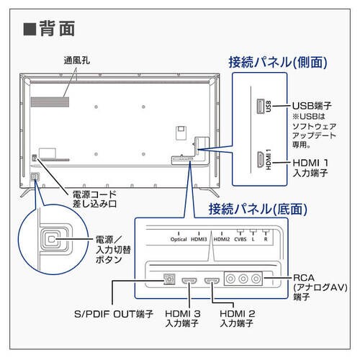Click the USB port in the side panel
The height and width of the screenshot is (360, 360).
pyautogui.click(x=258, y=105)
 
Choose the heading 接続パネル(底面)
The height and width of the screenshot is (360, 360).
pyautogui.click(x=257, y=210)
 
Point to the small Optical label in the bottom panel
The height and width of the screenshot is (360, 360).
pyautogui.click(x=179, y=238)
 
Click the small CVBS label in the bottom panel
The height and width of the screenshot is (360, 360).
pyautogui.click(x=240, y=238)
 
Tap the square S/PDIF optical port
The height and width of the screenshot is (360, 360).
pyautogui.click(x=171, y=279)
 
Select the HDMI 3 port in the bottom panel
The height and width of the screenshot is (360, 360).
pyautogui.click(x=191, y=279)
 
